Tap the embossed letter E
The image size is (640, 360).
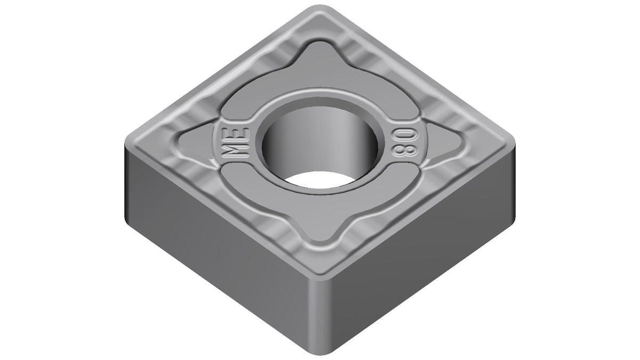click(x=236, y=134)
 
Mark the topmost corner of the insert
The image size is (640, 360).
click(x=320, y=6)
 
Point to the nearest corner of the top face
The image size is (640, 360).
click(x=320, y=278)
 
